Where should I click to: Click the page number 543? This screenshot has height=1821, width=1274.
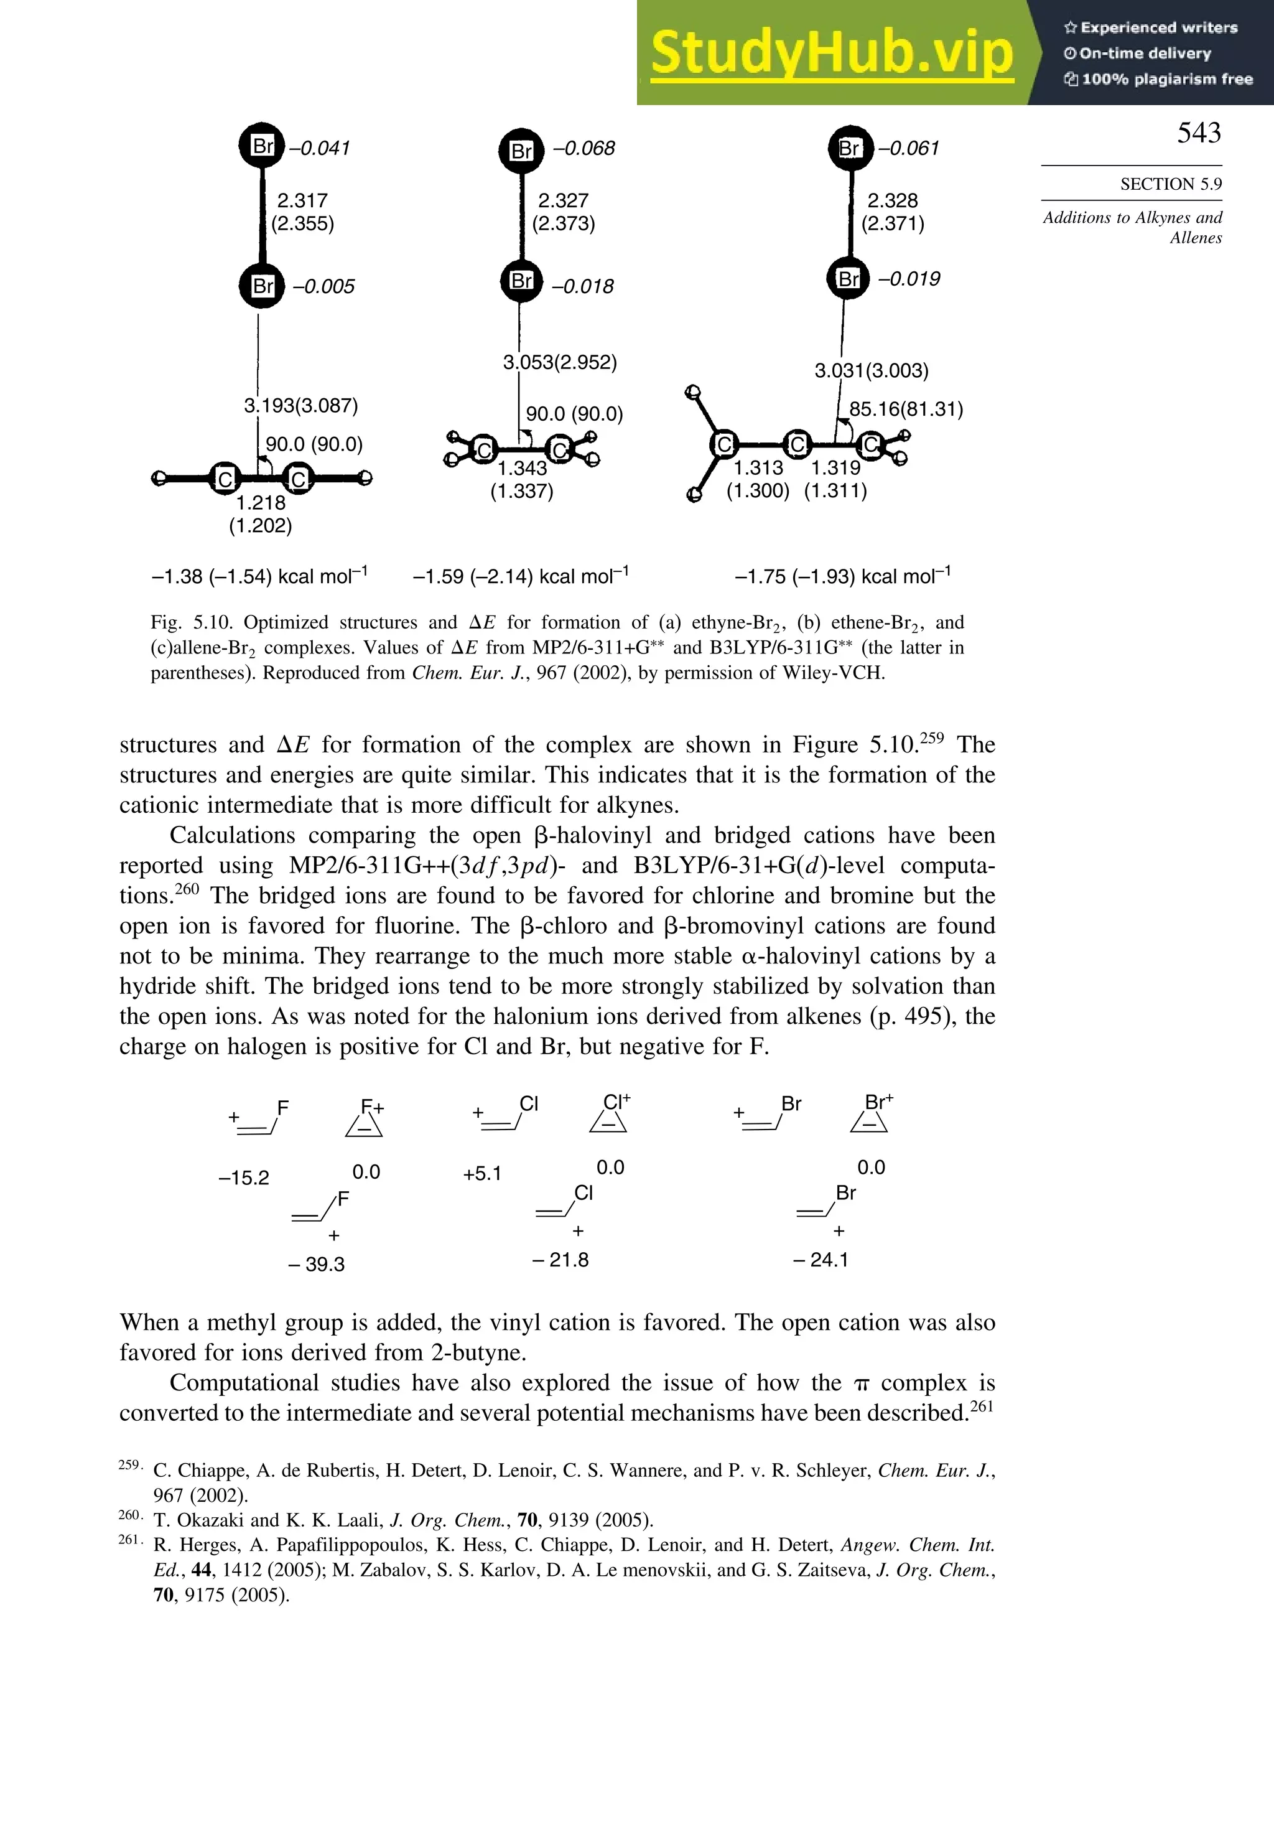(x=1198, y=133)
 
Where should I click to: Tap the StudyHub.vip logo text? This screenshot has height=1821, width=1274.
(x=832, y=52)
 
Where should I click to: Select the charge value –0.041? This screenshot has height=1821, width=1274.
(x=320, y=148)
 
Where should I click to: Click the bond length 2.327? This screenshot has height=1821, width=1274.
(x=563, y=200)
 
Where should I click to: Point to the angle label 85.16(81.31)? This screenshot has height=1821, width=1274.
(x=905, y=410)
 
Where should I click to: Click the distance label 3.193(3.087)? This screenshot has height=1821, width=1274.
(x=300, y=406)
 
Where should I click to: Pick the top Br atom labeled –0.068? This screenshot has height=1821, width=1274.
(x=521, y=151)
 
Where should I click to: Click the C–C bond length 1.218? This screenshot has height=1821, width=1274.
(x=261, y=503)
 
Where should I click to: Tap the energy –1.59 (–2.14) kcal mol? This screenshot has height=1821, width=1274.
(x=520, y=576)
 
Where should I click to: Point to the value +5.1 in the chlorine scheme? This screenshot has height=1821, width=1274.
(x=482, y=1174)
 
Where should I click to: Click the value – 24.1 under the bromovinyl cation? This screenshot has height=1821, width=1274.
(x=821, y=1260)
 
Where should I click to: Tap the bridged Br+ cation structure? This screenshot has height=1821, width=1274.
(x=870, y=1116)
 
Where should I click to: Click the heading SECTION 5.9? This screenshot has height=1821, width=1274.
(x=1170, y=184)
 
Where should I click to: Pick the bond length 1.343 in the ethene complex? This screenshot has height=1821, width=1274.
(x=522, y=468)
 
